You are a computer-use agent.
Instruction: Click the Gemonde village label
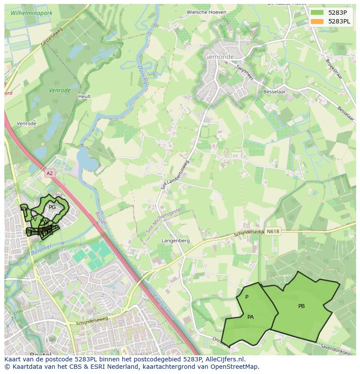219,57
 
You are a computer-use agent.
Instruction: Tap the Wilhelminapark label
31,13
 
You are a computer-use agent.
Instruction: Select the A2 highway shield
50,173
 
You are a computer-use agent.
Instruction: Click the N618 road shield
273,232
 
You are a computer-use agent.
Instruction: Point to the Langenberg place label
176,241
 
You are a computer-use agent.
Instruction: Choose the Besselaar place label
274,92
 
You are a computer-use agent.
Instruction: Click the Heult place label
84,96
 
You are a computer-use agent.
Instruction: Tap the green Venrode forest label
60,91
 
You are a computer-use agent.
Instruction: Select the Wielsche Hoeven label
206,12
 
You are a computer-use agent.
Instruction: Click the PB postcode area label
301,306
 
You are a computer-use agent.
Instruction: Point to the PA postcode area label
250,317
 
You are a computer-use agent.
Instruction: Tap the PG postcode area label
52,207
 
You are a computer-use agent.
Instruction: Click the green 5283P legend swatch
317,13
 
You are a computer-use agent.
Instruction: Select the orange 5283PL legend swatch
317,21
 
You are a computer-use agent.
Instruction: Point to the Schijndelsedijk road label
249,233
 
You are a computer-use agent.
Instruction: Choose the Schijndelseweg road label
92,322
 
